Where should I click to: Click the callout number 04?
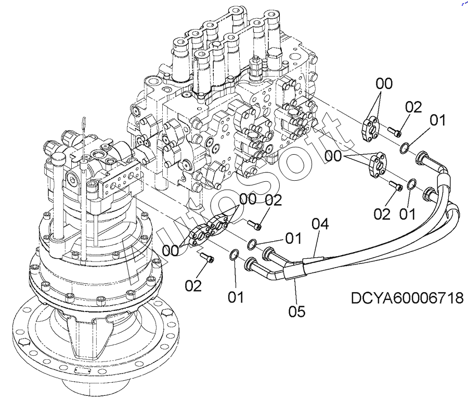click(x=320, y=224)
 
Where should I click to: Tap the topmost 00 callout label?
click(x=384, y=83)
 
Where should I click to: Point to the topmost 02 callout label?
click(x=413, y=107)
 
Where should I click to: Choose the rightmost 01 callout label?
click(x=437, y=121)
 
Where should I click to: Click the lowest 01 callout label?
click(x=236, y=297)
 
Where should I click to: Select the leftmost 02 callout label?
click(x=193, y=285)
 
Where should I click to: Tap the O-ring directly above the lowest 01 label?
click(x=235, y=255)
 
